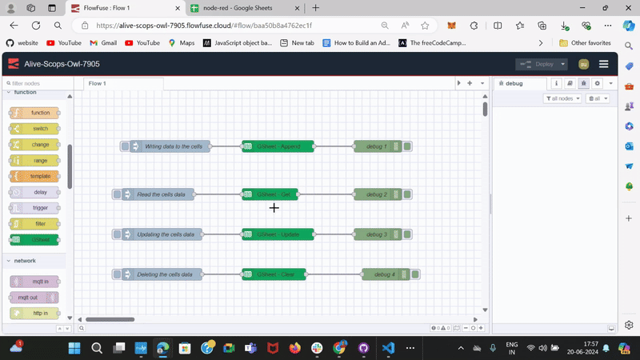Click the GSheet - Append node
click(x=278, y=146)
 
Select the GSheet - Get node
click(x=270, y=194)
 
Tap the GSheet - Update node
click(x=278, y=234)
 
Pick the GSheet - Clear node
click(x=278, y=274)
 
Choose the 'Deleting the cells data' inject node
click(x=164, y=274)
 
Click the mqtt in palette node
click(x=34, y=282)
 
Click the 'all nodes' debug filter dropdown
click(x=562, y=98)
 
